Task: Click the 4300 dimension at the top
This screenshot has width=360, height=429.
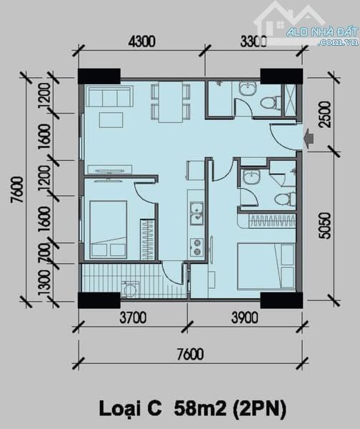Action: (x=142, y=42)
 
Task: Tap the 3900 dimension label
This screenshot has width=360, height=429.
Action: (x=245, y=318)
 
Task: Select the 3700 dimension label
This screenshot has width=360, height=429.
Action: (x=133, y=318)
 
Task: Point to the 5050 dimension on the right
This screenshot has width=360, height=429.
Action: (x=325, y=226)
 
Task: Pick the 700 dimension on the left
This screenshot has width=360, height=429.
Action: (x=44, y=253)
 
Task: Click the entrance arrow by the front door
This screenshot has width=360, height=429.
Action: (x=309, y=136)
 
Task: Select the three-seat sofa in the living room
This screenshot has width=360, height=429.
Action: (x=111, y=96)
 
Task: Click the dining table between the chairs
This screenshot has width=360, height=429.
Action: (x=171, y=102)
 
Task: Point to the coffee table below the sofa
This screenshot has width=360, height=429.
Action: (x=111, y=120)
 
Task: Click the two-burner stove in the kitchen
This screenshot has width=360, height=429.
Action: (x=196, y=248)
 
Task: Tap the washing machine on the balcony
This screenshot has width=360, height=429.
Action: (x=130, y=290)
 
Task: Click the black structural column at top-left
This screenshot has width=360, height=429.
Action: (x=99, y=76)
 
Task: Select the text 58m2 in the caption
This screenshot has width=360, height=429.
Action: (x=201, y=409)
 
